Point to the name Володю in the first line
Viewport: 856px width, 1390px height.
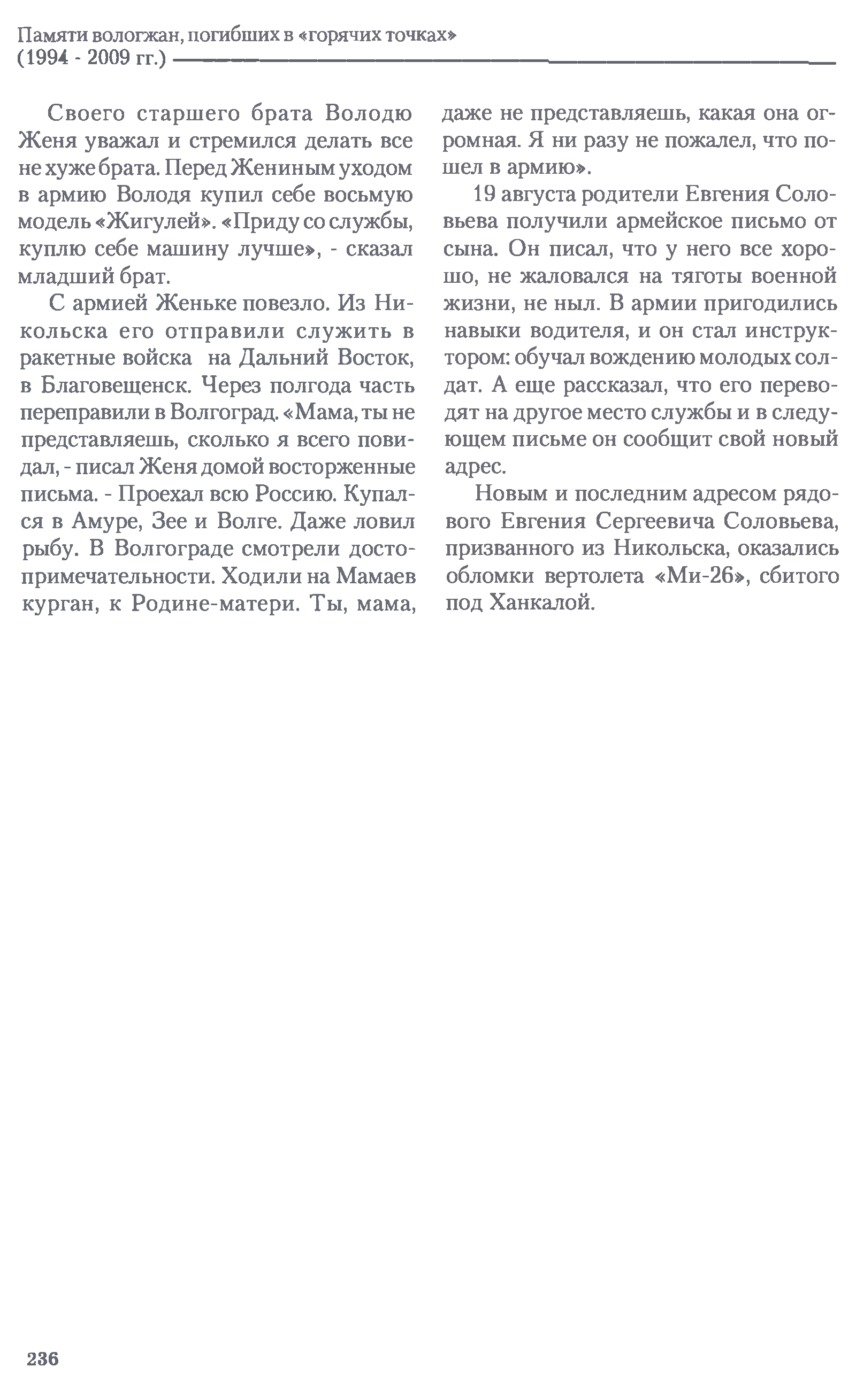(369, 114)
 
